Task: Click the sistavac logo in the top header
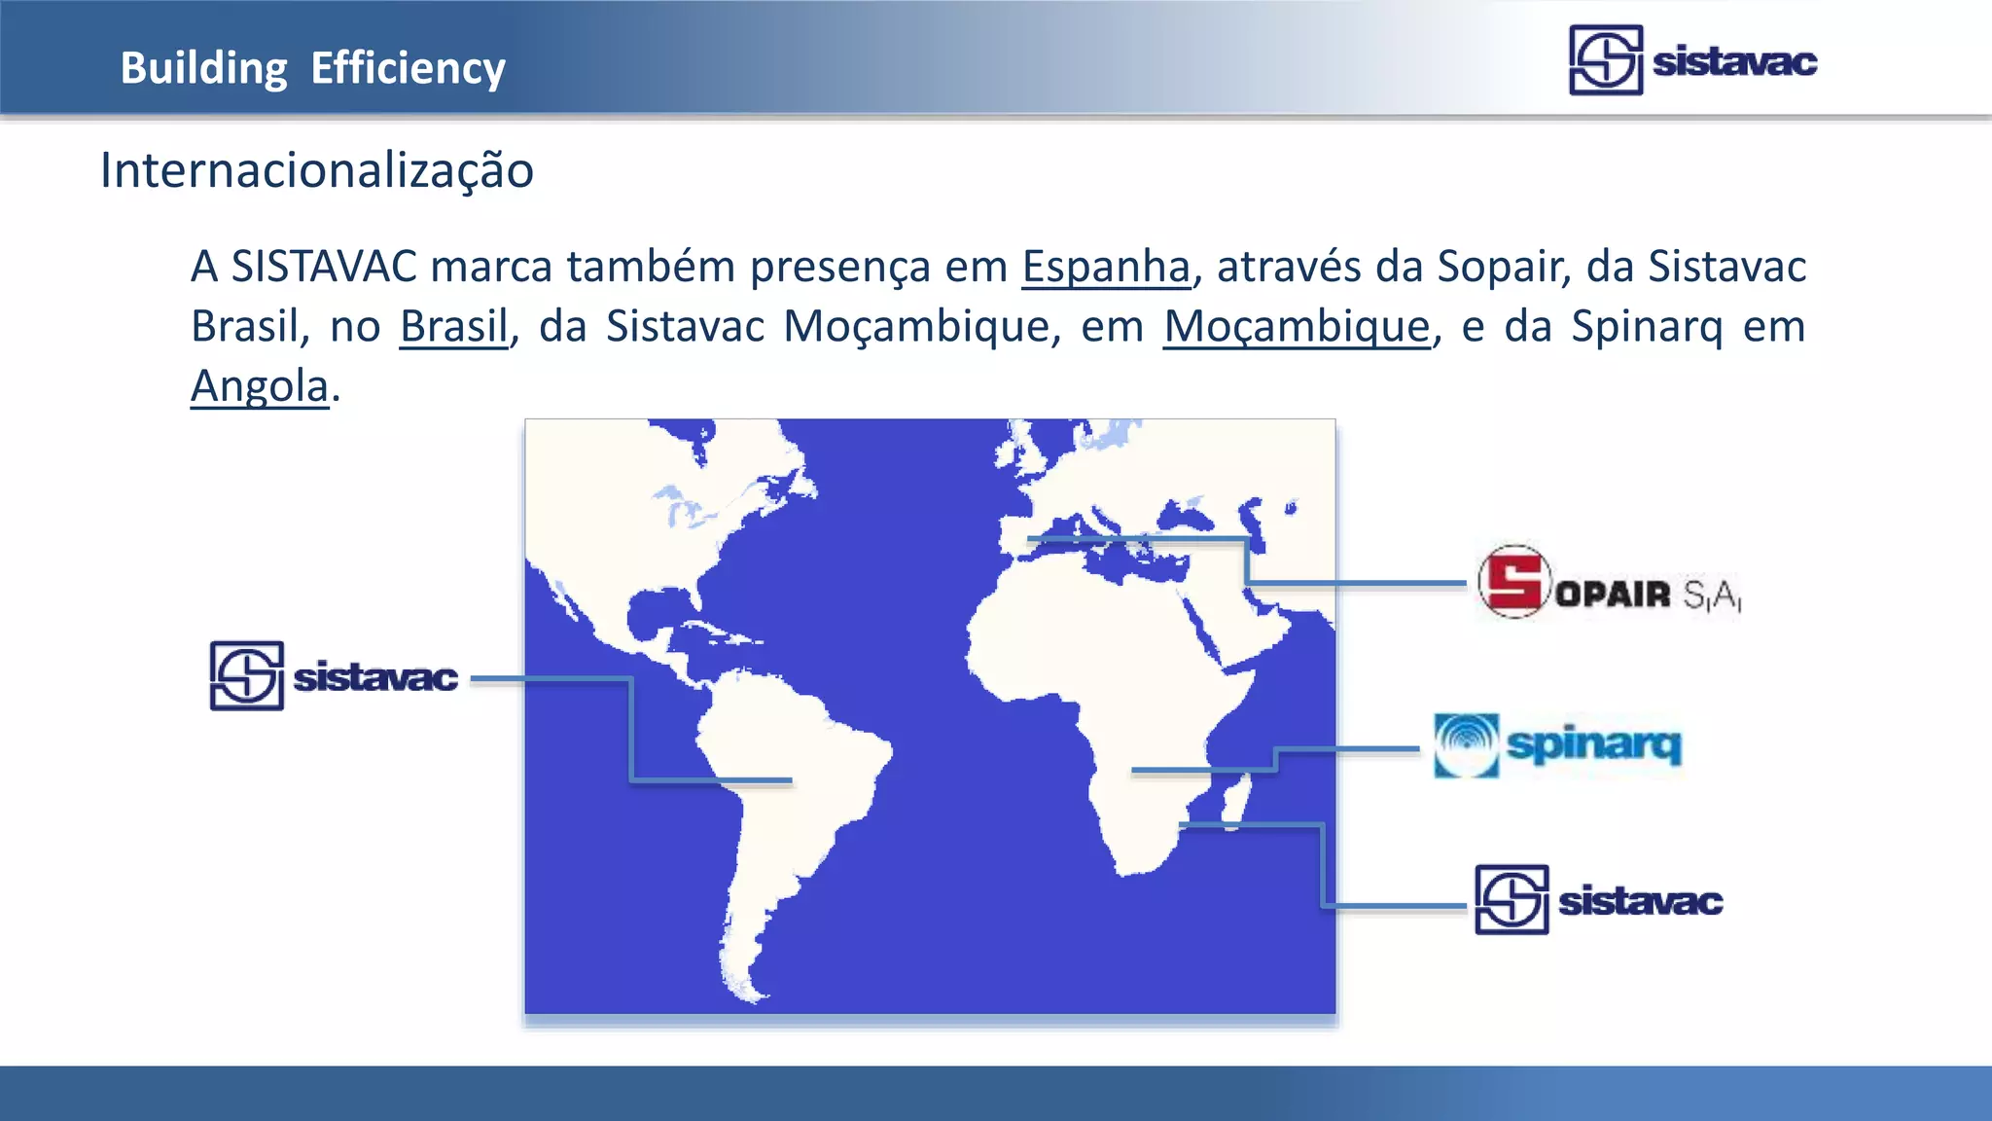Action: (1692, 60)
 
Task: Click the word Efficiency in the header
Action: (408, 68)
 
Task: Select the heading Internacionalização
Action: (317, 170)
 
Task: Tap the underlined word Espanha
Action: (1106, 267)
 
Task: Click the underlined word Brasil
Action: (453, 326)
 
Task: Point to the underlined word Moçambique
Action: (1297, 326)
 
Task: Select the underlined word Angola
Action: (260, 386)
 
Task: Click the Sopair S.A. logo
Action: (1609, 584)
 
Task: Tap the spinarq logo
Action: (1557, 745)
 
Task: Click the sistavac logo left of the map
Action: (334, 676)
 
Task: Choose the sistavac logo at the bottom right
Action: (1598, 900)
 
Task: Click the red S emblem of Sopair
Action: (1513, 582)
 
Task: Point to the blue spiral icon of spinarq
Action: (1466, 745)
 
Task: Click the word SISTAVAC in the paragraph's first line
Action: (324, 267)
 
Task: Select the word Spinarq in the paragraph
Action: (1647, 326)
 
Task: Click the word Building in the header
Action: (203, 68)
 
